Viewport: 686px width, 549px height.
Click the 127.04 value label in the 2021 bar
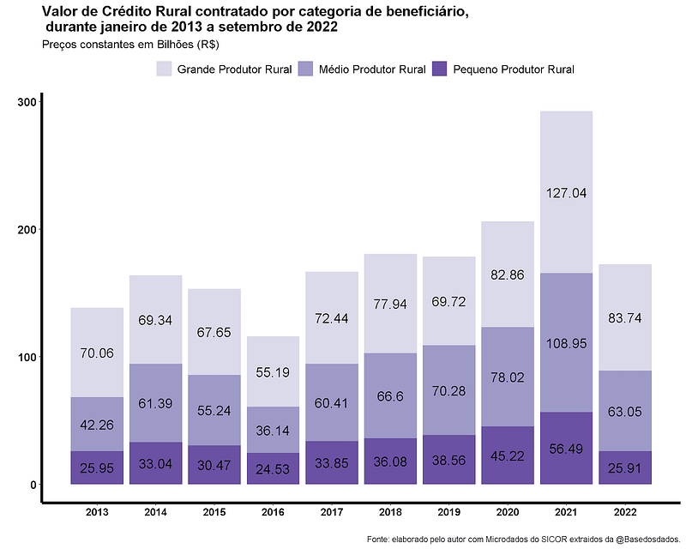tap(566, 193)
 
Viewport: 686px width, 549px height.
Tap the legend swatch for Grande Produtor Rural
tap(165, 69)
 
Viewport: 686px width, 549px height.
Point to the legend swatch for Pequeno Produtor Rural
tap(440, 69)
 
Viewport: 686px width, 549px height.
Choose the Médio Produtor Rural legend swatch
tap(305, 69)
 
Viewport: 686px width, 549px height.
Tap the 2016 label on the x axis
tap(273, 512)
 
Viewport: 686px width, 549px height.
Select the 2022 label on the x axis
tap(625, 512)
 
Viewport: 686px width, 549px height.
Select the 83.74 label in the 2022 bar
tap(625, 317)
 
